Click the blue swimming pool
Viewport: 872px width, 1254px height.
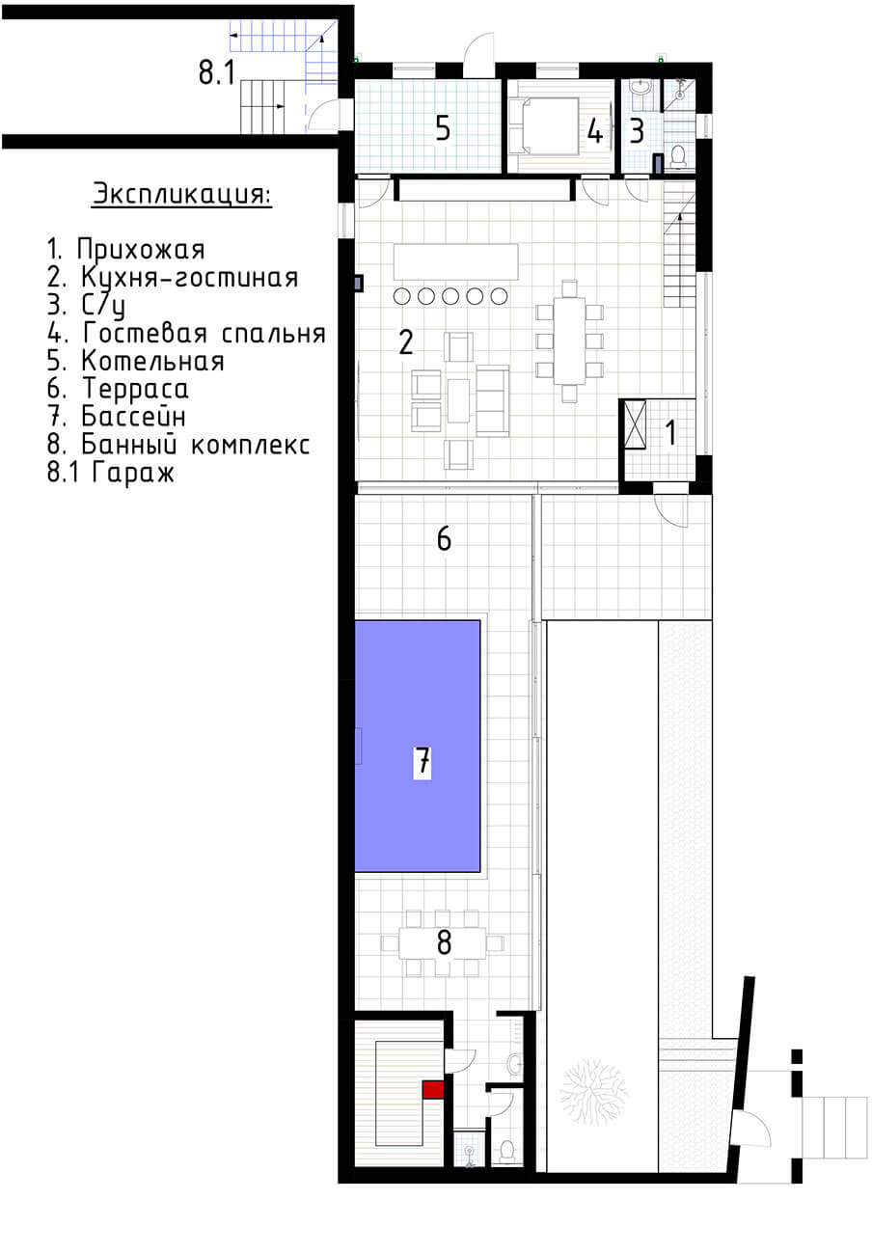coord(417,746)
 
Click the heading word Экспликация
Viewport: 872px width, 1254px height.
coord(182,195)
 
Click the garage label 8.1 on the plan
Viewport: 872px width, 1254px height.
coord(217,72)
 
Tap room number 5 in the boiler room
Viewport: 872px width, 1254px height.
coord(443,128)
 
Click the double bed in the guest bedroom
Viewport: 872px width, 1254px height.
coord(544,126)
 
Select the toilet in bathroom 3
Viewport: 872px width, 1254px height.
coord(678,156)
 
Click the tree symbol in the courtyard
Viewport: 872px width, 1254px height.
coord(594,1092)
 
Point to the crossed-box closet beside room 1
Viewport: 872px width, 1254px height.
coord(635,423)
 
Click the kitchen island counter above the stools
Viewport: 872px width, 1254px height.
coord(455,261)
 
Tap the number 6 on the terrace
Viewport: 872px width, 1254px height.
coord(444,538)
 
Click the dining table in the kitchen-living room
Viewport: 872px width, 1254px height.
coord(570,341)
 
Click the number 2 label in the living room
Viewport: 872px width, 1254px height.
coord(406,341)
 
